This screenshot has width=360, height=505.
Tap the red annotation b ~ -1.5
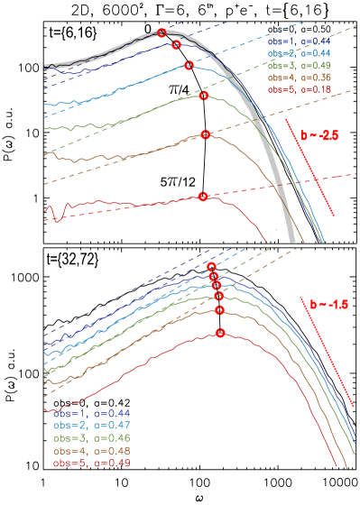click(x=328, y=305)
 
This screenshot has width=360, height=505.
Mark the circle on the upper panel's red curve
click(x=203, y=196)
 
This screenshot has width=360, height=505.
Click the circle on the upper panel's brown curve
click(x=206, y=134)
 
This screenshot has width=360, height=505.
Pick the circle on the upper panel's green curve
click(x=204, y=95)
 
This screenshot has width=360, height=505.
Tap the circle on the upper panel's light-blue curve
click(x=189, y=65)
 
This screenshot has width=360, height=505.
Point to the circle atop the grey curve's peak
click(x=162, y=32)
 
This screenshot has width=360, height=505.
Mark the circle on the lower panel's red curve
click(x=220, y=333)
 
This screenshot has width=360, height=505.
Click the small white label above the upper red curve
click(x=173, y=182)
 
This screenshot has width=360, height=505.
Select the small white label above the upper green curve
click(x=174, y=89)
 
